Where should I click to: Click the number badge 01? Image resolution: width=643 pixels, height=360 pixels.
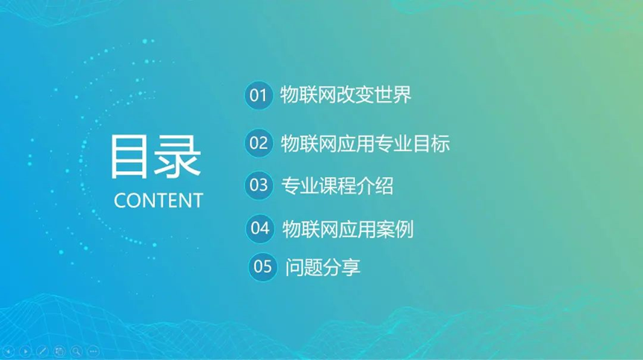258,95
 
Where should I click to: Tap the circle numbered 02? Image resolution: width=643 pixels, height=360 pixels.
259,143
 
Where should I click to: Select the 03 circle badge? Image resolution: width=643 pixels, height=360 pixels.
259,185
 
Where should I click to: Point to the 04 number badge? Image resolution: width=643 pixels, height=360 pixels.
260,228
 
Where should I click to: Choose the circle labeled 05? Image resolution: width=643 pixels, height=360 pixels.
263,267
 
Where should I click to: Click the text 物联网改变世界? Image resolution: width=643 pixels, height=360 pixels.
346,95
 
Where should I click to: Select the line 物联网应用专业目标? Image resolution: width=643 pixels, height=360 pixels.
365,144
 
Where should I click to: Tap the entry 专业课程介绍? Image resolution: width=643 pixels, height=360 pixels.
337,186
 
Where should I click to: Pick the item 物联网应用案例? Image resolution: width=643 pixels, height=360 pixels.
348,229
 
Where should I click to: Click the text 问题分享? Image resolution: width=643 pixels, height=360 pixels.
323,267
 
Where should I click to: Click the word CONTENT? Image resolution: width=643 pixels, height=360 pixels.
159,201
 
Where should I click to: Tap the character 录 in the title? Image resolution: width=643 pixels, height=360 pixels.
178,157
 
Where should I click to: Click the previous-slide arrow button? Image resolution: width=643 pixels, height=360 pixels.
9,351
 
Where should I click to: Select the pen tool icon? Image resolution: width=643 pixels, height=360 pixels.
42,351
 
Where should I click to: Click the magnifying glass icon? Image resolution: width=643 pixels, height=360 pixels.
76,351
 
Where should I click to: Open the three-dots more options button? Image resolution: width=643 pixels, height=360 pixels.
94,351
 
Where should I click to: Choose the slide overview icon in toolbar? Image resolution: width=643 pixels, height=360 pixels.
60,351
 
